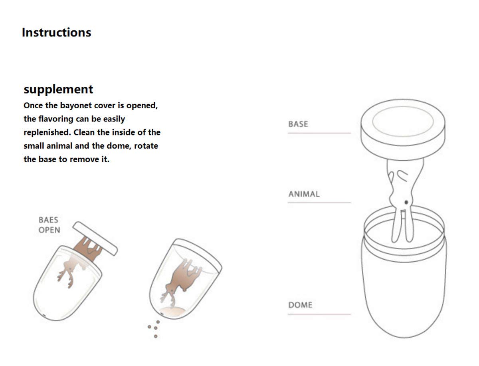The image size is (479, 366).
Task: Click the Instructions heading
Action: click(56, 33)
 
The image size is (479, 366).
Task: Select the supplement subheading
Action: click(58, 90)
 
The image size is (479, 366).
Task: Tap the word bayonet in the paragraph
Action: click(76, 106)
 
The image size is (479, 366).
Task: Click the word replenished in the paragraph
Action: click(48, 133)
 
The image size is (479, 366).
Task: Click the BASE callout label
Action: click(298, 124)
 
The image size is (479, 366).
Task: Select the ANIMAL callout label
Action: click(304, 194)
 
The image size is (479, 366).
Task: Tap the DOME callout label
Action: click(300, 305)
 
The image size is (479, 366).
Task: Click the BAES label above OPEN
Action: click(48, 220)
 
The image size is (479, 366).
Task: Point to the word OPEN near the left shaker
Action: click(49, 230)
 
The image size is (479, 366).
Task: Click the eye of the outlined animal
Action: click(406, 203)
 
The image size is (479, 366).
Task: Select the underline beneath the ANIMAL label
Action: click(319, 203)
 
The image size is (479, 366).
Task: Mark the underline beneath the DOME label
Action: click(319, 314)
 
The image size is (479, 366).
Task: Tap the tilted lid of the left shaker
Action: click(95, 239)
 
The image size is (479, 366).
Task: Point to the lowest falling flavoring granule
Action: click(156, 336)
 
